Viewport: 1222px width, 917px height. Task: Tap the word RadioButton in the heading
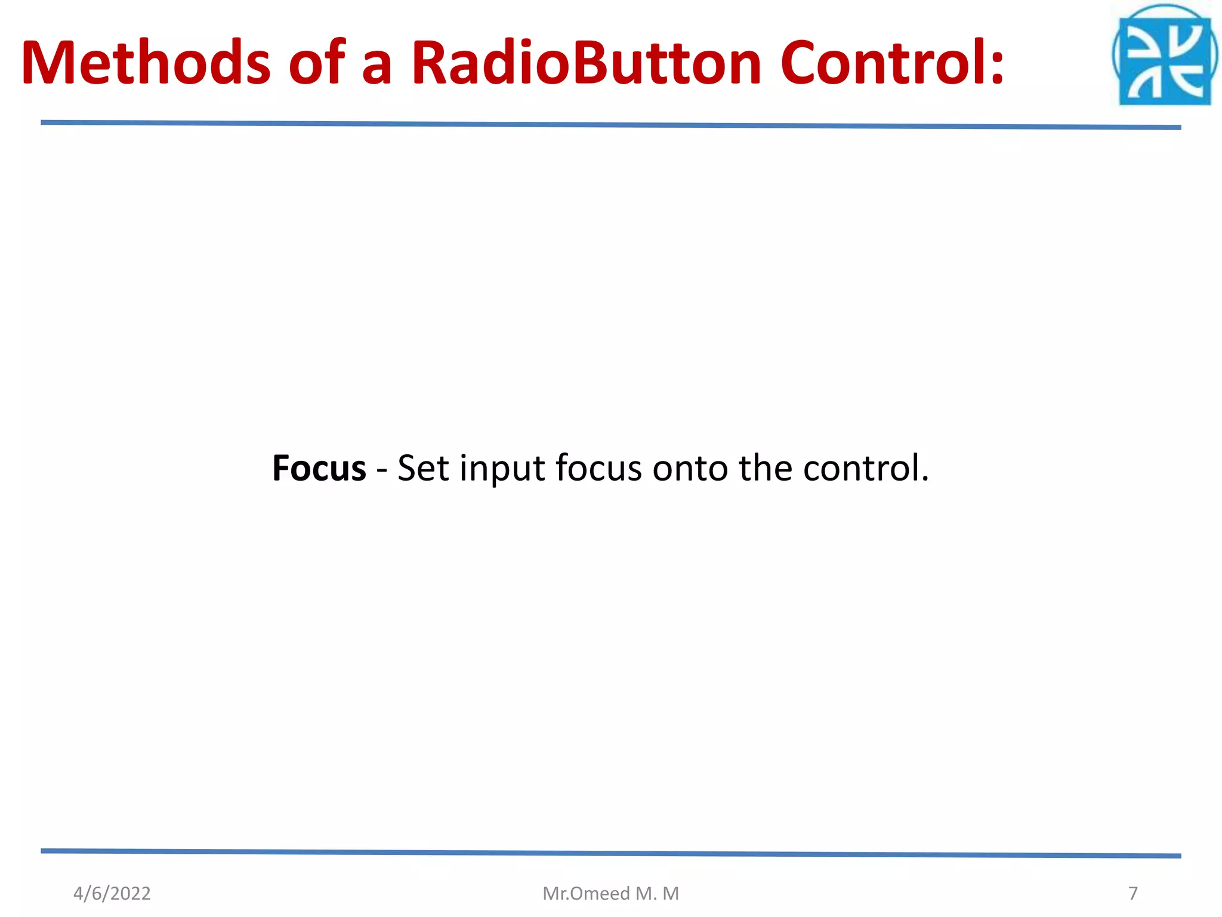coord(587,63)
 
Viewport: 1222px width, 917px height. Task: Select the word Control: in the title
coord(892,63)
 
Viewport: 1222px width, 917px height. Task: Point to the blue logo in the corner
coord(1164,57)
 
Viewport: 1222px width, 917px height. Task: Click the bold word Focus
coord(319,468)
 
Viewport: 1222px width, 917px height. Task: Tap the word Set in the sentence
coord(422,468)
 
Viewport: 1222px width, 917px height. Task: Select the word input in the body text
coord(502,469)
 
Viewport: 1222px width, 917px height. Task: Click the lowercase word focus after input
coord(598,468)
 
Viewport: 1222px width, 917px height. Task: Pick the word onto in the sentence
coord(690,469)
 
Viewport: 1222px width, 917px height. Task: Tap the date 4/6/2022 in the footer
coord(112,893)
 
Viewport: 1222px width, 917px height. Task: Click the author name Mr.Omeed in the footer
coord(586,893)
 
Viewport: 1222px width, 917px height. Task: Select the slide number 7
coord(1133,893)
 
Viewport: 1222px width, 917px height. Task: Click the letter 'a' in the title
coord(377,66)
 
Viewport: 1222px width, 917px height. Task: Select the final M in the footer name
coord(671,893)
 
